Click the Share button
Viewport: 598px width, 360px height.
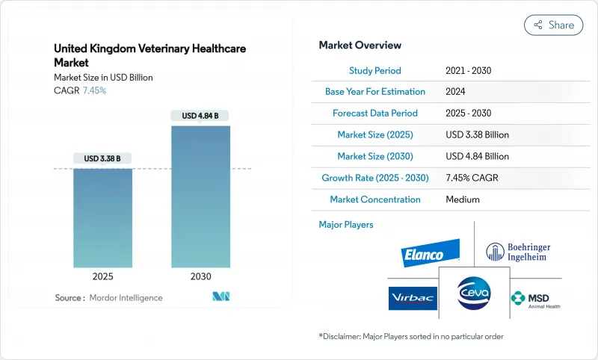click(x=553, y=25)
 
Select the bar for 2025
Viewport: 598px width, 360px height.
click(x=103, y=217)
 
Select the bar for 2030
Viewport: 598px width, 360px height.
click(x=200, y=196)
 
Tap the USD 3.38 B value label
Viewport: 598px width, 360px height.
click(x=102, y=158)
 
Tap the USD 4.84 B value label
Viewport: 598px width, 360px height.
click(x=200, y=116)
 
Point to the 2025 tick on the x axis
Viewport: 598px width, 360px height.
click(x=103, y=276)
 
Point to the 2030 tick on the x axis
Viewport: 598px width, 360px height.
click(x=200, y=276)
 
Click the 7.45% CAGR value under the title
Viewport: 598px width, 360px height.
click(x=93, y=90)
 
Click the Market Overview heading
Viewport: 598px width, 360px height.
click(x=360, y=46)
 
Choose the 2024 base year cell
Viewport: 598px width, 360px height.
click(x=455, y=92)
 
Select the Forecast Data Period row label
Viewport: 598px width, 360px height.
click(x=375, y=114)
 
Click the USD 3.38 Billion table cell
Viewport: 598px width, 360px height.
click(x=476, y=135)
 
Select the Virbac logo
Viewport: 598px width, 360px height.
click(x=412, y=297)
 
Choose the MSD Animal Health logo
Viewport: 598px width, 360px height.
click(x=534, y=299)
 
